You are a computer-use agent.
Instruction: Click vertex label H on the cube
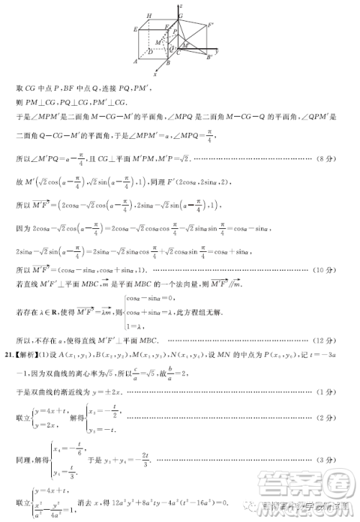pos(149,15)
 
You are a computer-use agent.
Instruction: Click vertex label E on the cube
pos(135,30)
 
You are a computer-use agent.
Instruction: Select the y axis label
pos(217,52)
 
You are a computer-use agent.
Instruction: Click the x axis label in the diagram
pos(156,73)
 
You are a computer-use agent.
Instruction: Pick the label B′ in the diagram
pos(210,58)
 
